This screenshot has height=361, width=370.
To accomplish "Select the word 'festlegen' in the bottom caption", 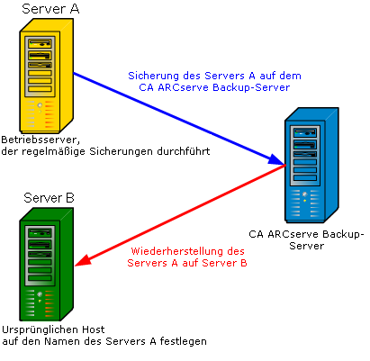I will click(185, 342).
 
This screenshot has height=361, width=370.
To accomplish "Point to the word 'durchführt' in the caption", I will click(183, 153).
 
